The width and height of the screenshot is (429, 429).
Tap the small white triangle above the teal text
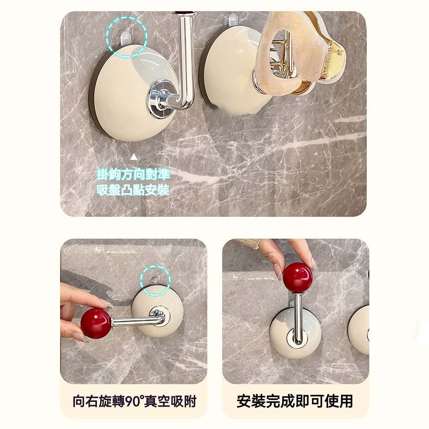[133, 157]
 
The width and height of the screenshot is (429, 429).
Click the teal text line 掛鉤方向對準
[133, 174]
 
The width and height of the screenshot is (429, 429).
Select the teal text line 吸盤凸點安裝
[133, 190]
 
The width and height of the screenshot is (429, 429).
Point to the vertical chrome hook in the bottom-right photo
[298, 317]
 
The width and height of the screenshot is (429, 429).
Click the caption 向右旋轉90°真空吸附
[134, 402]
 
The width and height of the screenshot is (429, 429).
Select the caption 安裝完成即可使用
[295, 401]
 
